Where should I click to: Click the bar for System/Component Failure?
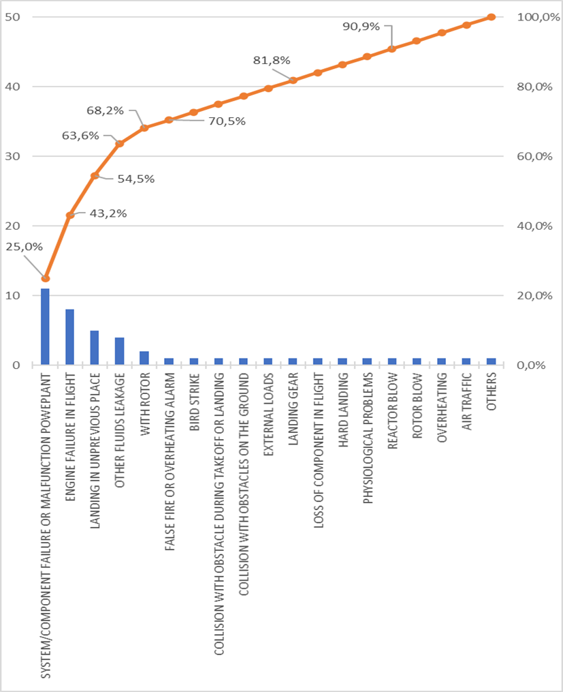click(x=45, y=327)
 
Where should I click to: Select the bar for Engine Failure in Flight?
click(x=69, y=337)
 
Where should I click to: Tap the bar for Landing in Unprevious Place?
click(x=95, y=348)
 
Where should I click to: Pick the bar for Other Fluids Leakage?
click(x=119, y=351)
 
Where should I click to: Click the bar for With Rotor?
click(x=144, y=358)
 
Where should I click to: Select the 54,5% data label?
click(x=136, y=179)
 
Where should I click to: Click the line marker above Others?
click(x=491, y=17)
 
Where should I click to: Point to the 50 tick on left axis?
click(x=12, y=17)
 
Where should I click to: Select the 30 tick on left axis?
click(x=12, y=156)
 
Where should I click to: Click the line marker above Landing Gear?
click(x=293, y=80)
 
